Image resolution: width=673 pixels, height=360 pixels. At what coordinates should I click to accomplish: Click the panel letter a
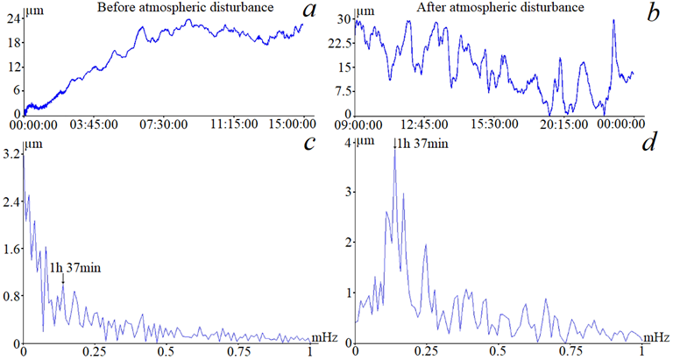(x=309, y=13)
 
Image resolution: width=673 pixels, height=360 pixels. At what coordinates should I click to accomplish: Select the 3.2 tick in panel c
(x=12, y=155)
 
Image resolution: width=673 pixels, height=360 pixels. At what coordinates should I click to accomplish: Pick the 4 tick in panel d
(x=348, y=142)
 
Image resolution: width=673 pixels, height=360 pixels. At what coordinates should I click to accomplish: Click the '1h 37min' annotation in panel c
(x=75, y=266)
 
